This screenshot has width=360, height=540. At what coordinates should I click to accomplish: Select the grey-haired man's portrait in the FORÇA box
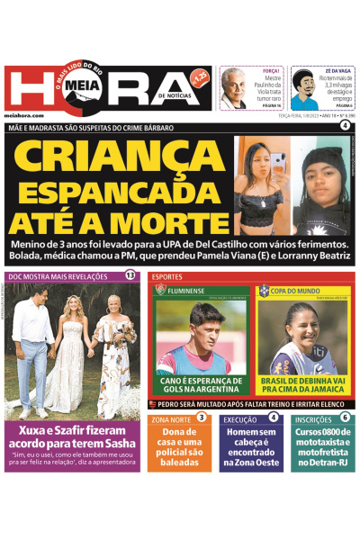[x=234, y=87]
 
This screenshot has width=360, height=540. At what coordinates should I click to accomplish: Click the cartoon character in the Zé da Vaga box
[x=304, y=89]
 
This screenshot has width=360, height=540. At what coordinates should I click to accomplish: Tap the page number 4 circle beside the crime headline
[x=345, y=127]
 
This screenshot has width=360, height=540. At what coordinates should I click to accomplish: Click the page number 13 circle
[x=130, y=275]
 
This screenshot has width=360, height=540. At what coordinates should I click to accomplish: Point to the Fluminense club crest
[x=160, y=291]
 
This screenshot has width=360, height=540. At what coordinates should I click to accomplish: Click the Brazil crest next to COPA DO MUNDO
[x=264, y=291]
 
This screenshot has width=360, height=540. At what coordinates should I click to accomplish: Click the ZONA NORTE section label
[x=170, y=419]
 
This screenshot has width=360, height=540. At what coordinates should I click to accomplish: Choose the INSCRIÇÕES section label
[x=313, y=419]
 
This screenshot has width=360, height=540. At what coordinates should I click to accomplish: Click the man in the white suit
[x=33, y=346]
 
